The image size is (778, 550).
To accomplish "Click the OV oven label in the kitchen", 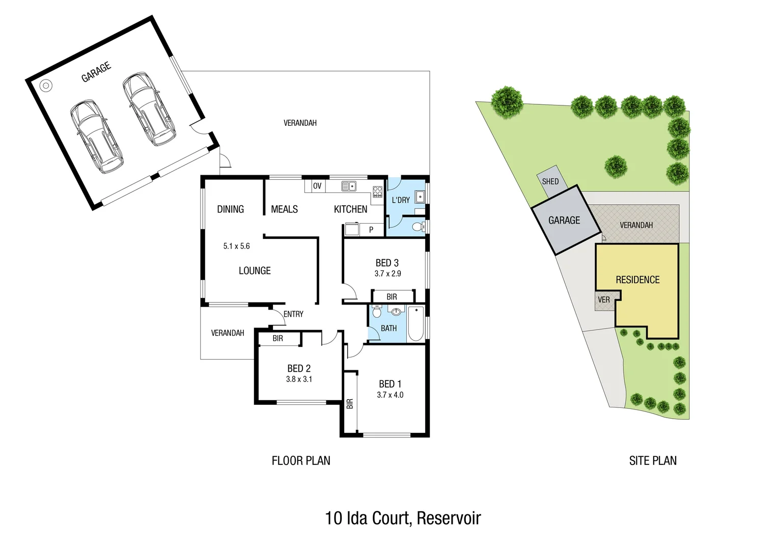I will click(317, 186).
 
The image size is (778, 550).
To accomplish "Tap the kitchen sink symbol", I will click(349, 186).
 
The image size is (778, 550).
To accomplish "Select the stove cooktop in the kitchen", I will click(377, 191).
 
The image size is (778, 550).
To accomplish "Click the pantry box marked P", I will click(371, 230).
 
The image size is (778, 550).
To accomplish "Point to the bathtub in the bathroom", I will click(415, 324).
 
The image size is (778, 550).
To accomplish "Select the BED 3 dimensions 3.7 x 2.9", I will click(387, 273).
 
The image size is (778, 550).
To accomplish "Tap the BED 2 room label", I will click(299, 368).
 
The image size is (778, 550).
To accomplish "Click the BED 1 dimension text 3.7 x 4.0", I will click(390, 395).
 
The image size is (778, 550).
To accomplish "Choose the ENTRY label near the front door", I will click(293, 314).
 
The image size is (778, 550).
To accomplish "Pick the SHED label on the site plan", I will click(550, 181).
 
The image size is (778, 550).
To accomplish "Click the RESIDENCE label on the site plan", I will click(637, 280).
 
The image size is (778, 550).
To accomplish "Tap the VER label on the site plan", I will click(604, 299).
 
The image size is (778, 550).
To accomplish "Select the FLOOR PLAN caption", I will click(301, 461).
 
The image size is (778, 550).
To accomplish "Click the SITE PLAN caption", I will click(653, 461).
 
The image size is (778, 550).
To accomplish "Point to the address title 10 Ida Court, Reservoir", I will click(403, 518).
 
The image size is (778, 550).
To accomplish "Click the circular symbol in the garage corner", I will click(46, 86).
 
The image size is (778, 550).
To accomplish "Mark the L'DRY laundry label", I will click(401, 200).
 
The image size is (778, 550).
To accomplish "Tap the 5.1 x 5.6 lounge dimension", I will click(236, 246).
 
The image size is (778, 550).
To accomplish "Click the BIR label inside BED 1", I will click(350, 404).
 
